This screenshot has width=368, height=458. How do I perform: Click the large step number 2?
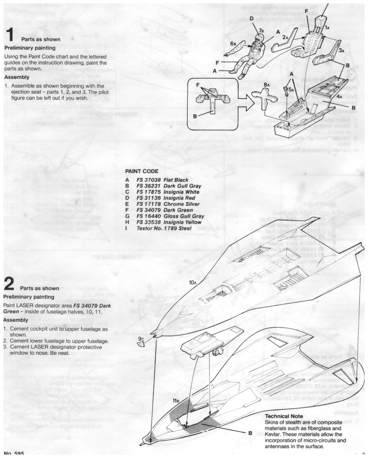[10, 284]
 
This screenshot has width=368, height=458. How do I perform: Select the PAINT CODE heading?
[141, 171]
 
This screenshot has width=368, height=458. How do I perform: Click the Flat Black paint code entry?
[162, 180]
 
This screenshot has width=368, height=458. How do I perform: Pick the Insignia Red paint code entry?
[166, 198]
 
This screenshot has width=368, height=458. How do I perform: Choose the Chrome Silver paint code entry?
[168, 204]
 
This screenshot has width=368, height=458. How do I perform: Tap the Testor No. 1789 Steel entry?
[164, 228]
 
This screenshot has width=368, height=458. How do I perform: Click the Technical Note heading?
[284, 416]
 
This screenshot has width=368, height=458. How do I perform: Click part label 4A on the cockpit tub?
[340, 96]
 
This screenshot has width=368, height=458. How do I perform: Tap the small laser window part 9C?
[141, 344]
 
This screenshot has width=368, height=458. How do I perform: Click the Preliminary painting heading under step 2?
[29, 297]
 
